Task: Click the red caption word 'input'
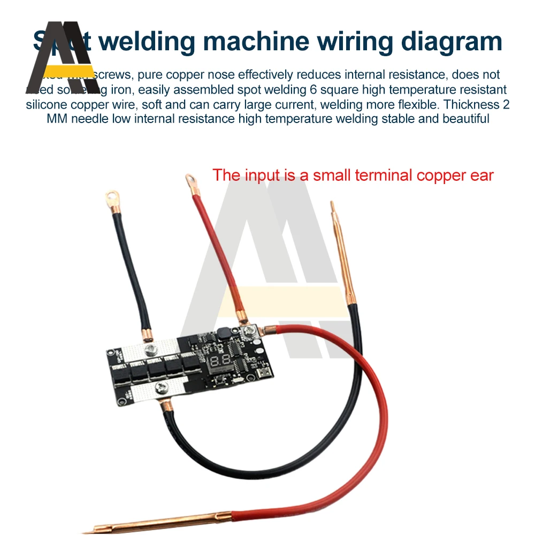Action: (264, 175)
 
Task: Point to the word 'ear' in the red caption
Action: (479, 175)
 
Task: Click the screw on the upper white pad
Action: (151, 350)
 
